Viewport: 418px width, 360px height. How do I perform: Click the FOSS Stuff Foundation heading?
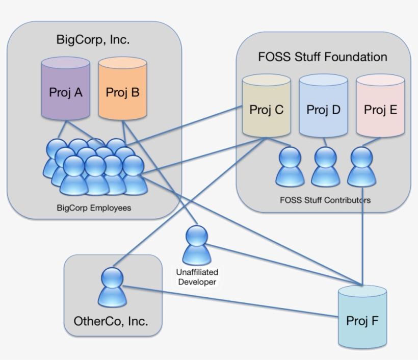tap(323, 57)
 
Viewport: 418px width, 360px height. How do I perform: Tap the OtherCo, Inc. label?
tap(111, 321)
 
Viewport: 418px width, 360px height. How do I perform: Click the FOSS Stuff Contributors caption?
tap(325, 200)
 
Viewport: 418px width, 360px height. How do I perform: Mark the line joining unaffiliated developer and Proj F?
tap(285, 265)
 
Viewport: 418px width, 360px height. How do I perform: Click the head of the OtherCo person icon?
tap(112, 277)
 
